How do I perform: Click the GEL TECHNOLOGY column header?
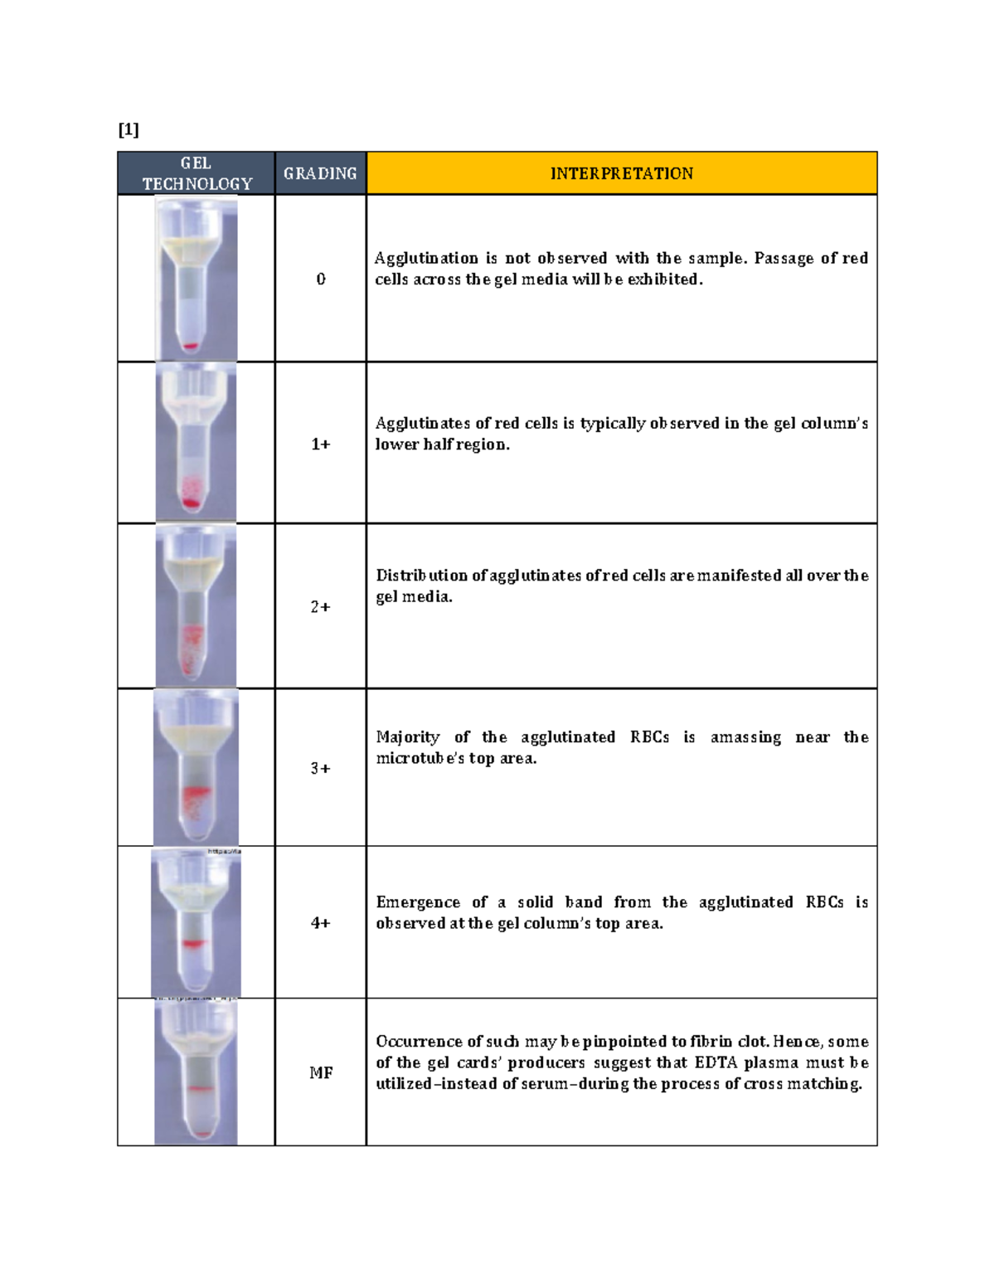196,173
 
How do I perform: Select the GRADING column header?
320,173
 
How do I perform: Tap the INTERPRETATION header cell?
621,173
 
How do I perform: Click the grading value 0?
321,279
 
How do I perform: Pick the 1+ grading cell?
321,445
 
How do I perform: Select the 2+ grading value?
321,607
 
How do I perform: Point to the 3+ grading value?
321,769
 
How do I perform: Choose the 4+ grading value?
321,923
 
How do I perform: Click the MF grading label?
321,1073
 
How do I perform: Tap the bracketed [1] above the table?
129,129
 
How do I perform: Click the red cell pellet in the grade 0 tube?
191,347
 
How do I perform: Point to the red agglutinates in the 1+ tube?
192,494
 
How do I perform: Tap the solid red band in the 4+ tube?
193,944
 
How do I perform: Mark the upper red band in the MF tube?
200,1088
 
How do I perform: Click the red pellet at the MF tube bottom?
201,1134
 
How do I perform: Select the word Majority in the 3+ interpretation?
408,737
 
